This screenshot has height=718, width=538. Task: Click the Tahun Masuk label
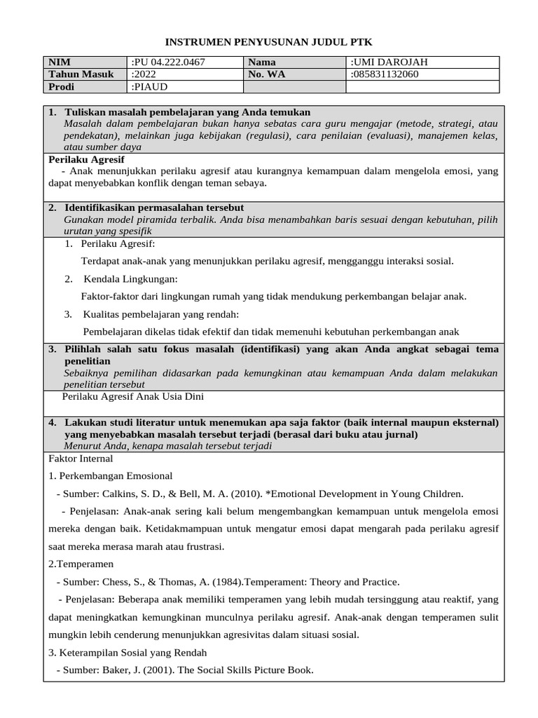click(x=81, y=74)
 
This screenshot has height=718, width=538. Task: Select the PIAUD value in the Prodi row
click(x=150, y=87)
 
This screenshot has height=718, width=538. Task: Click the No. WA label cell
click(x=266, y=74)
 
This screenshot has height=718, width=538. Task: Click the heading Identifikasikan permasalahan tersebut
click(x=153, y=208)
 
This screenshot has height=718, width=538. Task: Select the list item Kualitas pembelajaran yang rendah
click(x=160, y=313)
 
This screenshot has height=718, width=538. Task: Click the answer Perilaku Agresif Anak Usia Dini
click(x=133, y=396)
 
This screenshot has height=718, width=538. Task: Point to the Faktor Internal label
click(x=81, y=459)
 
